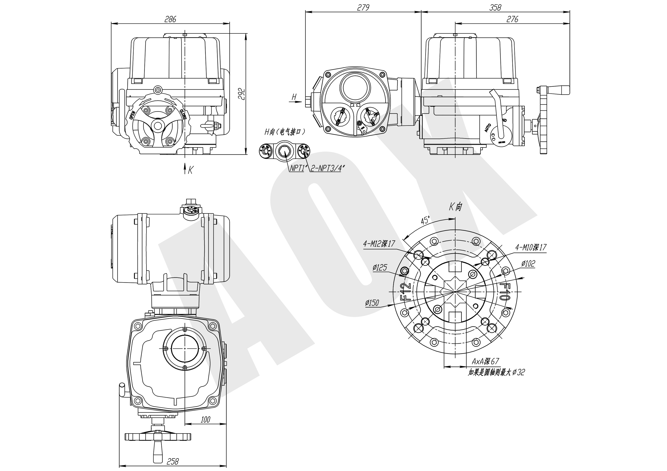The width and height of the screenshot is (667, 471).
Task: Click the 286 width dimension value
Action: coord(170,19)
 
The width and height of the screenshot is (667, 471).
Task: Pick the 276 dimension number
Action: coord(512,19)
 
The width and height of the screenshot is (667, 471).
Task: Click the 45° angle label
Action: coord(425,220)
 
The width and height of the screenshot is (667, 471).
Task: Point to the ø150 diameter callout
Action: coord(372,303)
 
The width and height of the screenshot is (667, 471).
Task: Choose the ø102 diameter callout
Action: coord(528,264)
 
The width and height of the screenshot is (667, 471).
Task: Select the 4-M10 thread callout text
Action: coord(531,247)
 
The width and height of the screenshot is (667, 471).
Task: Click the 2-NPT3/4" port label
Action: coord(327,168)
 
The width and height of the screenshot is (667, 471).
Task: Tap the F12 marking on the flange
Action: coord(405,291)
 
